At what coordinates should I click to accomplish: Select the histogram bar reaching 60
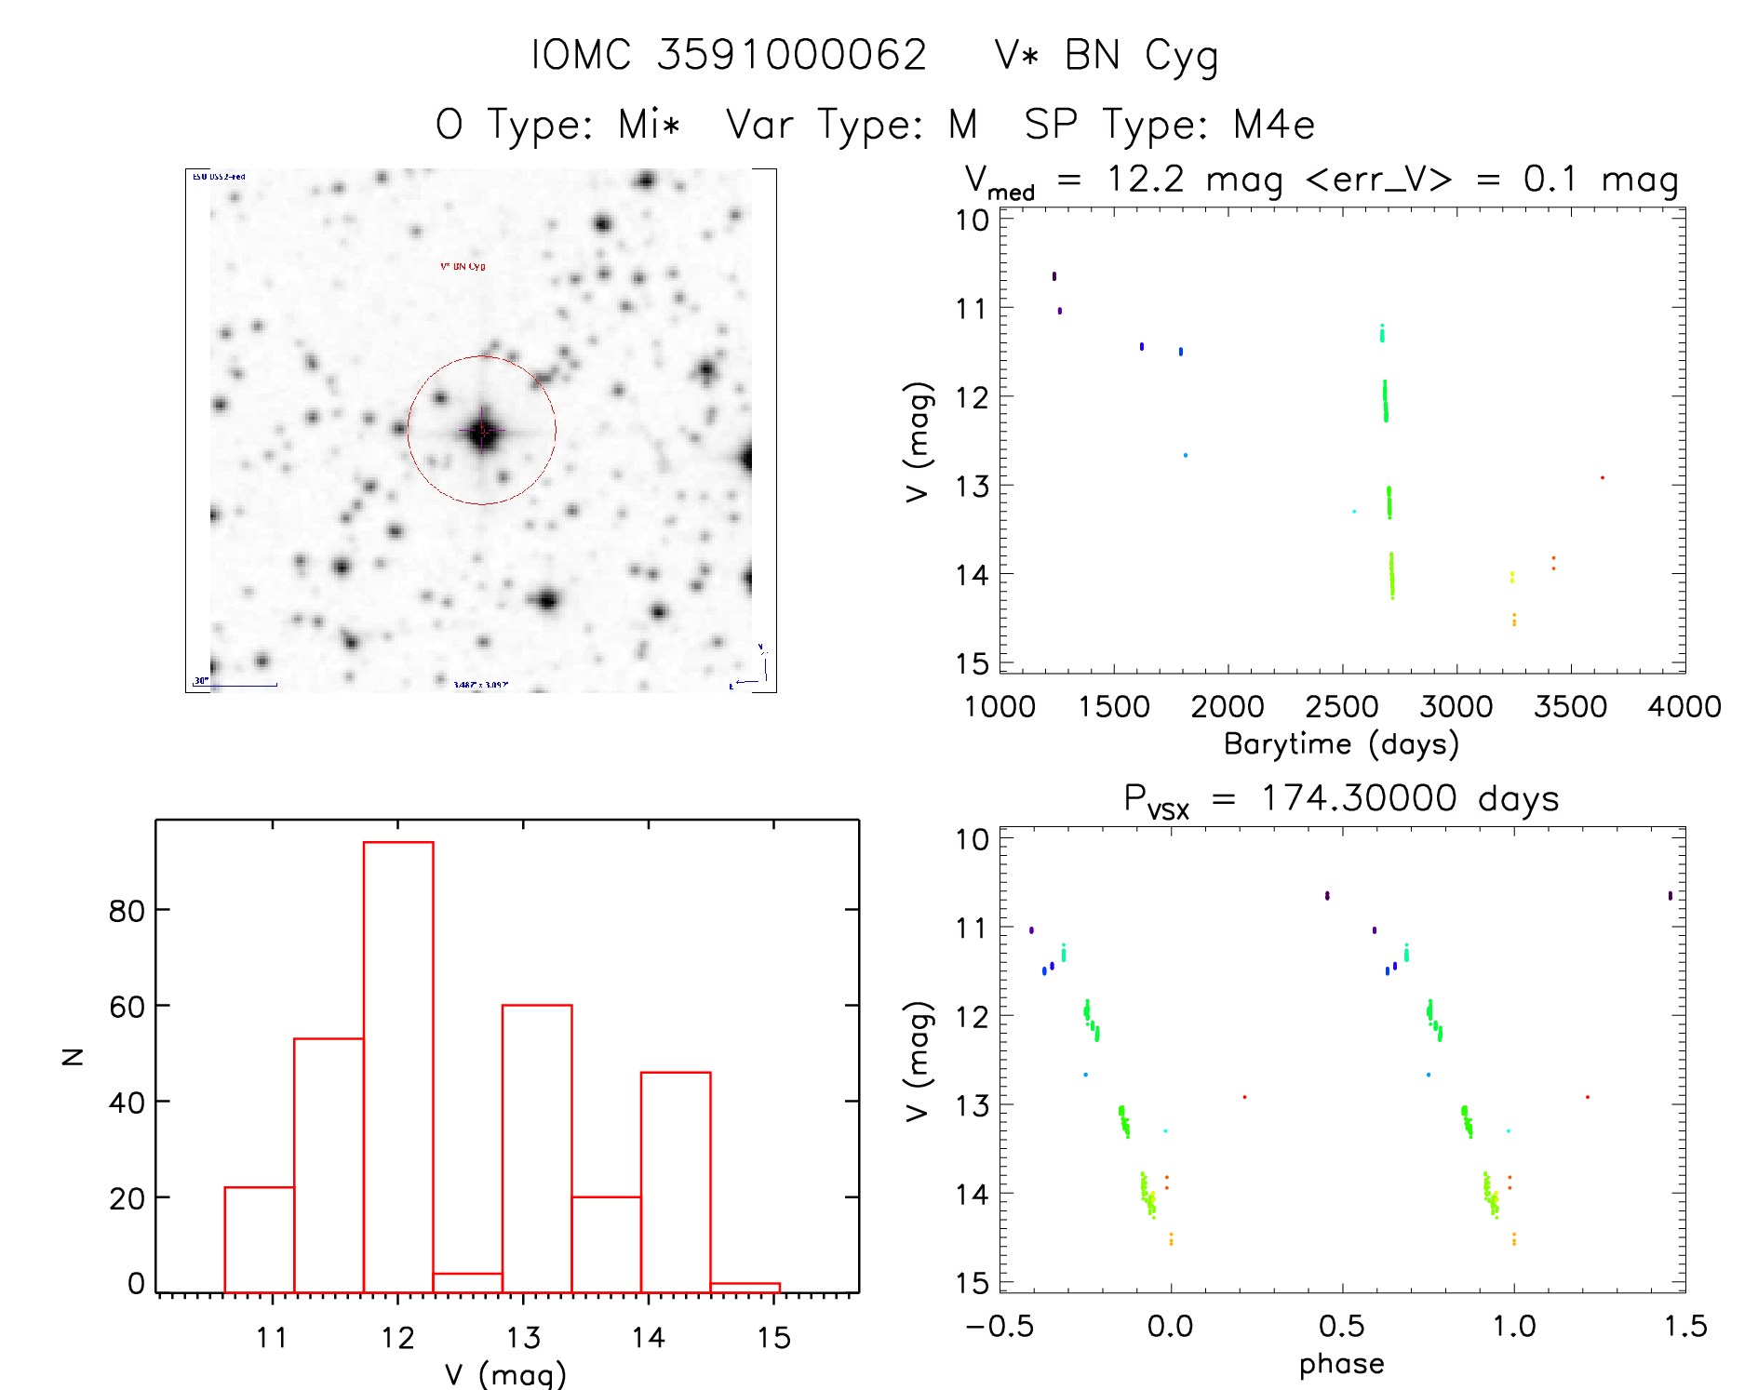pyautogui.click(x=537, y=1148)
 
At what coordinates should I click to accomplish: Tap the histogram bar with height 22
pyautogui.click(x=260, y=1239)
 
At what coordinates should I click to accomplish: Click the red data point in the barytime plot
pyautogui.click(x=1602, y=478)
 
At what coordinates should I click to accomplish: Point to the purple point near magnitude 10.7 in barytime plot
pyautogui.click(x=1054, y=276)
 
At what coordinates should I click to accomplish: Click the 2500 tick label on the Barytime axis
pyautogui.click(x=1342, y=707)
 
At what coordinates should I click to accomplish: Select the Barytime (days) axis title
pyautogui.click(x=1341, y=744)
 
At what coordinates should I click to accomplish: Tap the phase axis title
pyautogui.click(x=1341, y=1364)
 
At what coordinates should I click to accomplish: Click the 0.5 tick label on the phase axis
pyautogui.click(x=1341, y=1327)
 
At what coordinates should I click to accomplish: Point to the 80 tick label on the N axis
pyautogui.click(x=127, y=911)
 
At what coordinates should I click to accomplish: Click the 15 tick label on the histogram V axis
pyautogui.click(x=773, y=1338)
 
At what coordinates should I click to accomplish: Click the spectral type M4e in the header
pyautogui.click(x=1274, y=125)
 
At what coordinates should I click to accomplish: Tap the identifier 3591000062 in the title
pyautogui.click(x=792, y=55)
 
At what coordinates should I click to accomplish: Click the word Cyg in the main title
pyautogui.click(x=1181, y=57)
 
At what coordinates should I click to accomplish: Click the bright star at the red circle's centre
pyautogui.click(x=482, y=431)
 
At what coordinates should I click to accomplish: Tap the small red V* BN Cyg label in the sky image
pyautogui.click(x=463, y=267)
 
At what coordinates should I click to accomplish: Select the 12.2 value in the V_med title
pyautogui.click(x=1145, y=179)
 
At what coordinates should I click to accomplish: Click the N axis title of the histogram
pyautogui.click(x=73, y=1056)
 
